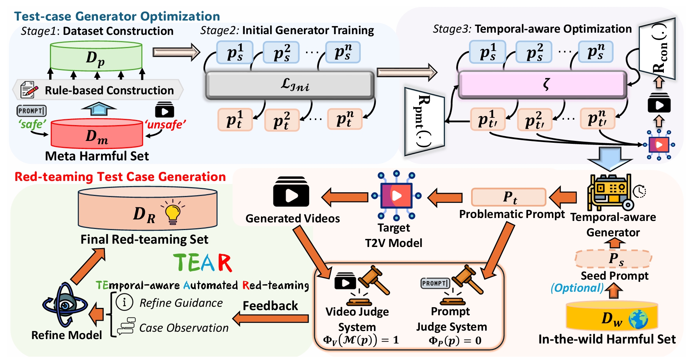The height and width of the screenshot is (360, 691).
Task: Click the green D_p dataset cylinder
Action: pyautogui.click(x=96, y=57)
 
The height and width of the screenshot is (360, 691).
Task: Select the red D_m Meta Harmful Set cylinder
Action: pyautogui.click(x=97, y=135)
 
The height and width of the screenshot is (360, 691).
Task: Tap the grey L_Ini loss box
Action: pyautogui.click(x=290, y=85)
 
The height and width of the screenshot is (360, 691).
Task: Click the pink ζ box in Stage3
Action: pyautogui.click(x=542, y=85)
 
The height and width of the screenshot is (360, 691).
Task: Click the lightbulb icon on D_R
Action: pyautogui.click(x=173, y=213)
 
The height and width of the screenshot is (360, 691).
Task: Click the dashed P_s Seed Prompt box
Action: pyautogui.click(x=613, y=259)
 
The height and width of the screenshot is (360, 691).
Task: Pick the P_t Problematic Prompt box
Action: pyautogui.click(x=509, y=197)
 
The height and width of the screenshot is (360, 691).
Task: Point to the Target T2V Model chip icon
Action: pyautogui.click(x=396, y=196)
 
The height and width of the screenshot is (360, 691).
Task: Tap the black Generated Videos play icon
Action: pyautogui.click(x=291, y=192)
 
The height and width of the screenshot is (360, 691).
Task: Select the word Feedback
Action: pyautogui.click(x=270, y=306)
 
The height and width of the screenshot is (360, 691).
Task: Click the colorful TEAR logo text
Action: pyautogui.click(x=203, y=263)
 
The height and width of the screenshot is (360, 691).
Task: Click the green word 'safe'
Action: pyautogui.click(x=32, y=124)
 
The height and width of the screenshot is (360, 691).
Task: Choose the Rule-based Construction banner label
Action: pyautogui.click(x=109, y=90)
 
